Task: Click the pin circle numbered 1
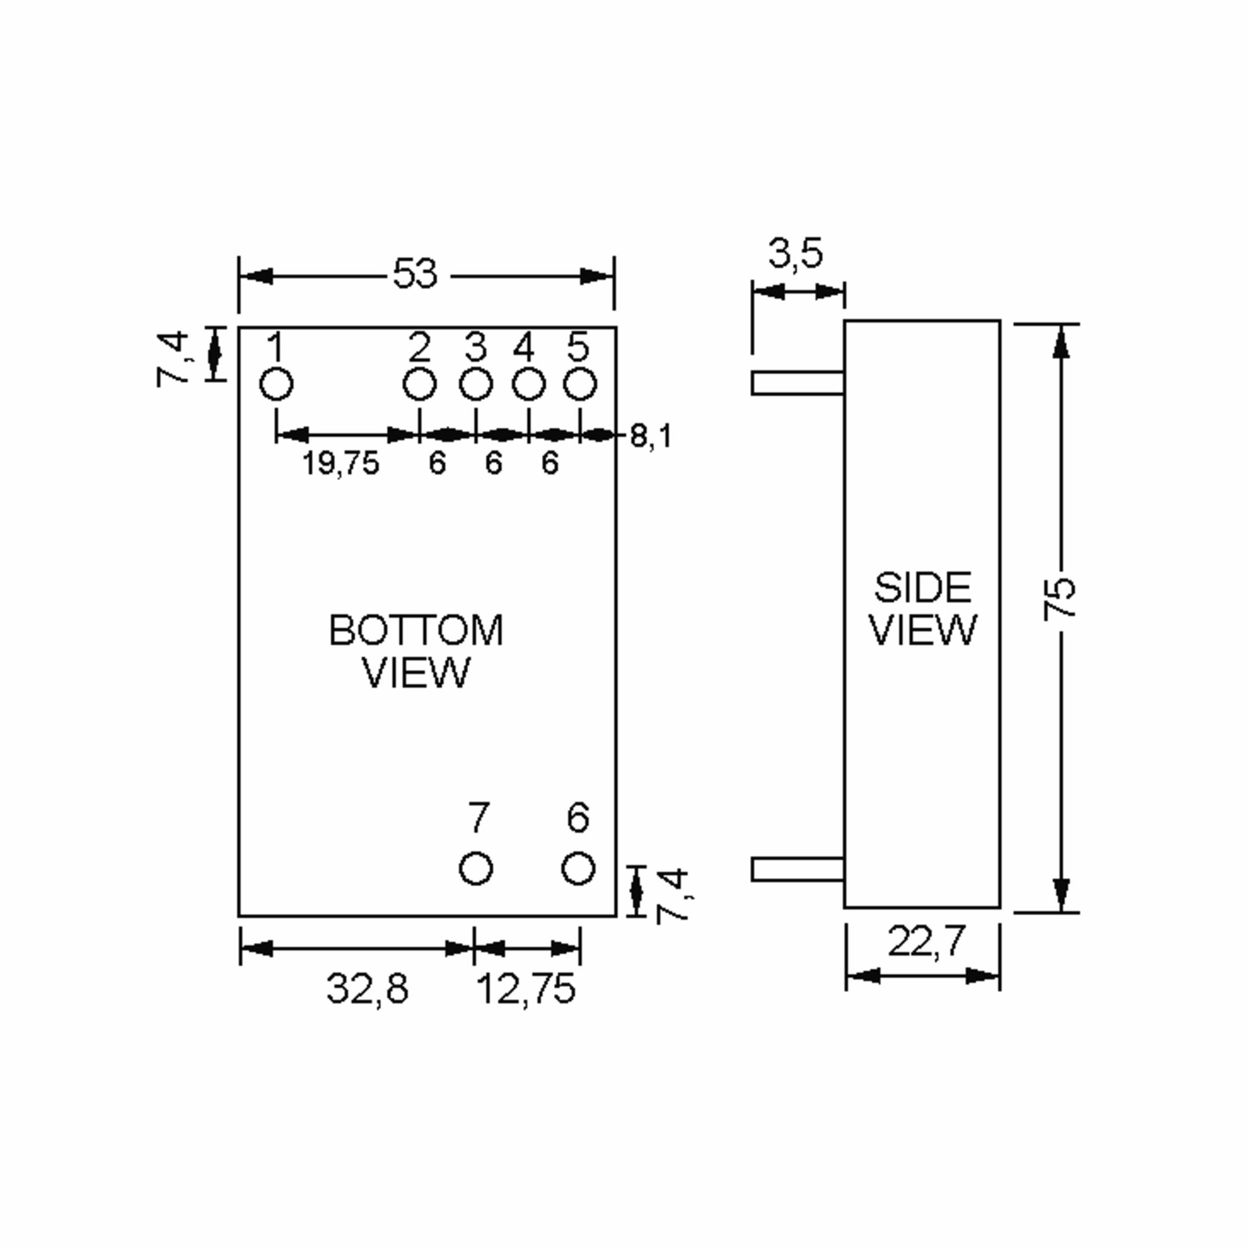pyautogui.click(x=276, y=384)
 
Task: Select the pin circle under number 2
pyautogui.click(x=419, y=384)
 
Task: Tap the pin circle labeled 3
pyautogui.click(x=476, y=384)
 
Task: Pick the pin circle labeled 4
pyautogui.click(x=528, y=384)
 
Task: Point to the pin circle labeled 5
pyautogui.click(x=579, y=384)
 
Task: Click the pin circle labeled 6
pyautogui.click(x=578, y=868)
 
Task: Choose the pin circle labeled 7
pyautogui.click(x=476, y=868)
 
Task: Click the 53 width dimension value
pyautogui.click(x=415, y=274)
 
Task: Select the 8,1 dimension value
pyautogui.click(x=651, y=437)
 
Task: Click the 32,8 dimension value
pyautogui.click(x=367, y=988)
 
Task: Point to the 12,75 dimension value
pyautogui.click(x=526, y=988)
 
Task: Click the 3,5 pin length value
pyautogui.click(x=795, y=253)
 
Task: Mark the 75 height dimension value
pyautogui.click(x=1060, y=598)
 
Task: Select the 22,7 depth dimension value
pyautogui.click(x=926, y=941)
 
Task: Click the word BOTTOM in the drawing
pyautogui.click(x=416, y=630)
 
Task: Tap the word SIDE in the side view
pyautogui.click(x=923, y=588)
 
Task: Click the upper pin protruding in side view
pyautogui.click(x=798, y=383)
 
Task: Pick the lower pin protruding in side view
pyautogui.click(x=798, y=869)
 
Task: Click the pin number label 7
pyautogui.click(x=478, y=818)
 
